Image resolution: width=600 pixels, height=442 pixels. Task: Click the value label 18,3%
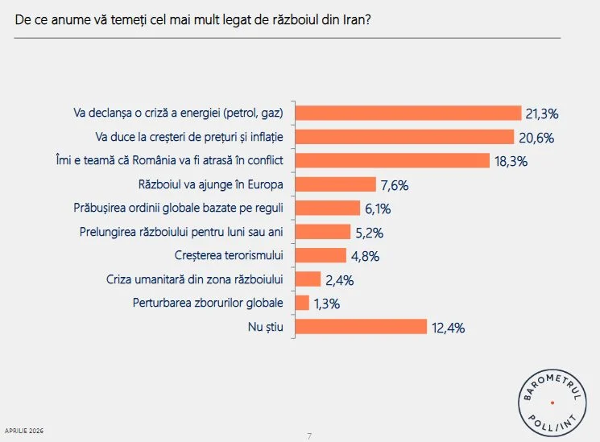click(x=511, y=161)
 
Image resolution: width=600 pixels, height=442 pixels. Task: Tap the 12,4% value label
click(x=448, y=327)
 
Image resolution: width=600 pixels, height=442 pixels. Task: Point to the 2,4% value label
click(x=337, y=280)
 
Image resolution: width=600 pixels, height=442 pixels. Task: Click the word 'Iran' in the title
click(x=354, y=22)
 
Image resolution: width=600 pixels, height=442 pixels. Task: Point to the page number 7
click(x=309, y=436)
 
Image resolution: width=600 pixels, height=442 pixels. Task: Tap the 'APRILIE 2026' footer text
click(x=24, y=431)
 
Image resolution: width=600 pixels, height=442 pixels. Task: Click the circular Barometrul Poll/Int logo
click(x=552, y=401)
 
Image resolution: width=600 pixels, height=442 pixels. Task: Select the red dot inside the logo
click(x=552, y=402)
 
